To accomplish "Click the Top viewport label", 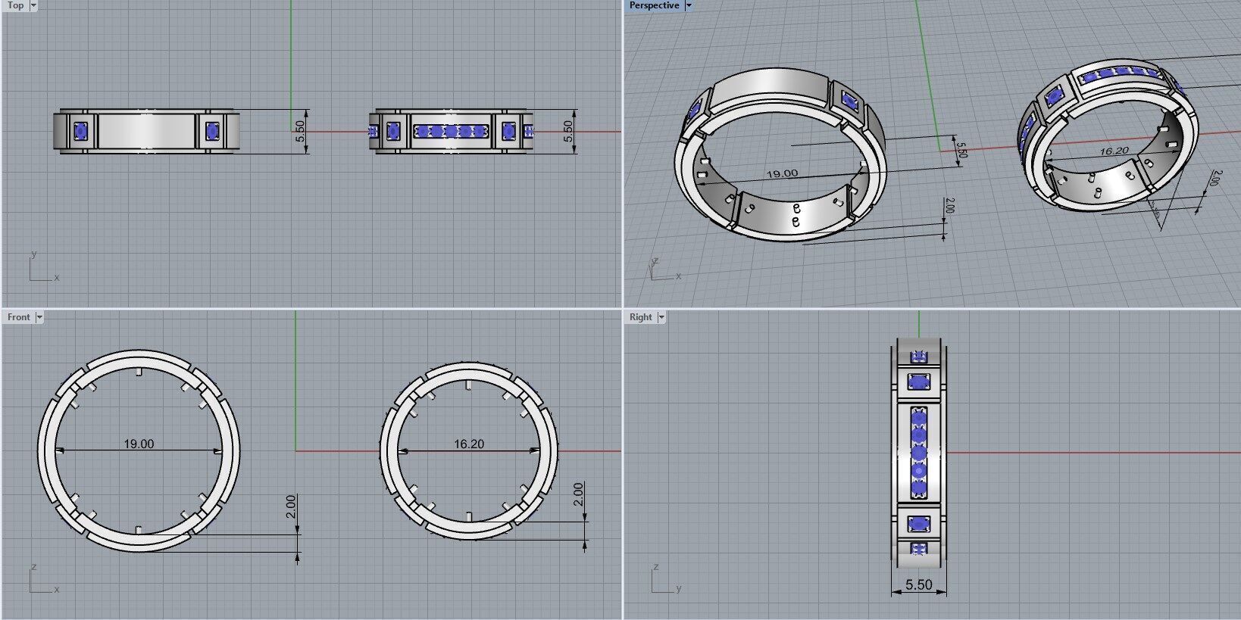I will click(15, 5).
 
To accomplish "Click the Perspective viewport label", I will click(653, 5).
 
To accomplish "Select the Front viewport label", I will click(18, 317).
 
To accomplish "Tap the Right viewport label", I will click(640, 317).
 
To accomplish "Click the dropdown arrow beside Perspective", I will click(689, 5).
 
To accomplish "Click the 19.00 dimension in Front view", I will click(139, 444).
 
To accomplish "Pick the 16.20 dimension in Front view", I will click(469, 444).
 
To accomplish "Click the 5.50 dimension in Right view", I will click(918, 584).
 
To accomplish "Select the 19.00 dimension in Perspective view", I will click(782, 173).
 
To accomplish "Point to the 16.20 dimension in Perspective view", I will click(1113, 151).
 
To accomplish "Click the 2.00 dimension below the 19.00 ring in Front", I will click(291, 506).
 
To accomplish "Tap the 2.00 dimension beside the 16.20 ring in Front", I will click(579, 494).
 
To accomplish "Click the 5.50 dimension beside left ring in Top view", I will click(300, 132).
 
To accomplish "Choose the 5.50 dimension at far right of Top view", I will click(568, 132).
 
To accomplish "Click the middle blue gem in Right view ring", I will click(918, 453).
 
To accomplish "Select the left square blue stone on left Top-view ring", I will click(81, 132).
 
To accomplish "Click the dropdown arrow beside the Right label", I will click(661, 317).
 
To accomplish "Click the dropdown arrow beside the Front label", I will click(39, 317).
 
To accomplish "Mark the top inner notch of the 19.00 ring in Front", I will click(139, 372).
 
